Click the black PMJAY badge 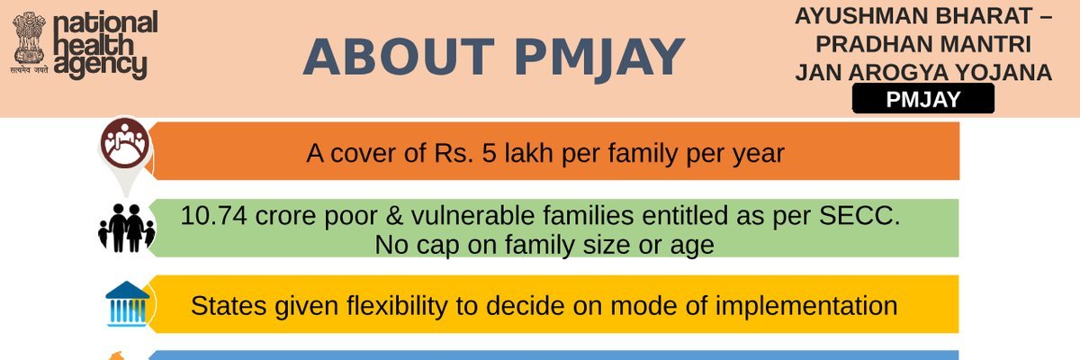point(922,100)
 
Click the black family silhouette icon point(126,228)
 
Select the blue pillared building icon point(127,303)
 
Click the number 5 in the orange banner point(463,153)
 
